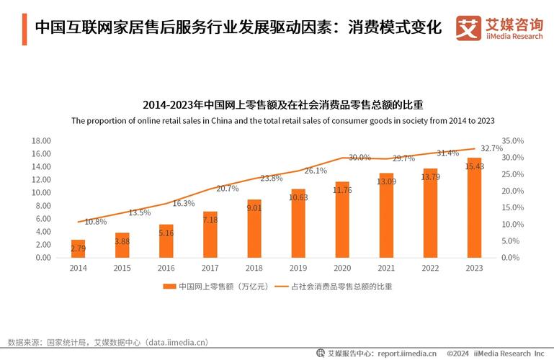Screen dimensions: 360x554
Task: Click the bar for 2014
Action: tap(78, 248)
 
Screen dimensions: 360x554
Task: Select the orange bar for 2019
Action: tap(298, 223)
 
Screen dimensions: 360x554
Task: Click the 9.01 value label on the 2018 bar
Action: tap(254, 208)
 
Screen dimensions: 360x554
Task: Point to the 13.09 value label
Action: tap(385, 181)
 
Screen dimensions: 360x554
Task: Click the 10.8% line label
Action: tap(95, 222)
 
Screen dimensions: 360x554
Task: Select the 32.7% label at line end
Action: tap(491, 148)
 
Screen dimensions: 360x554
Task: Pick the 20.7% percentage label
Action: tap(227, 189)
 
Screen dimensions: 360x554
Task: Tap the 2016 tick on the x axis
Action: tap(166, 268)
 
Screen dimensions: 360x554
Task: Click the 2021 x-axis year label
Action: tap(385, 268)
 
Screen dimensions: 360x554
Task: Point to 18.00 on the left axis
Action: tap(41, 141)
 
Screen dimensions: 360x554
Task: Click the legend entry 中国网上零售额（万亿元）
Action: tap(216, 287)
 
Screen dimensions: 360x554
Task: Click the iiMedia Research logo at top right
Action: tap(499, 28)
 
